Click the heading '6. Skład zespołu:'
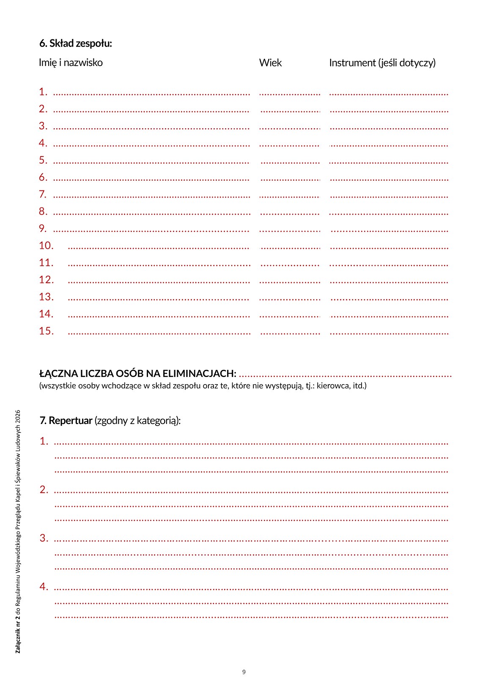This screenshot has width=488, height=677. coord(75,43)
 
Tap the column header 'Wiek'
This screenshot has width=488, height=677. coord(270,63)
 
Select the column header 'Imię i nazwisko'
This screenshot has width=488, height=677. coord(71,63)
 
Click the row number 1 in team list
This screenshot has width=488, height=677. coord(43,92)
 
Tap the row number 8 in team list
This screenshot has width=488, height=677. coord(43,211)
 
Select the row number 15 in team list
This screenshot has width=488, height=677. coord(46,331)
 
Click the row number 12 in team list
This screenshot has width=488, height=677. coord(46,280)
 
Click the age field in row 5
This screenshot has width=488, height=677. coord(290,161)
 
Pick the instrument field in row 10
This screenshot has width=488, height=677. coord(389,247)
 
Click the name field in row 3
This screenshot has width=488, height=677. coord(151,127)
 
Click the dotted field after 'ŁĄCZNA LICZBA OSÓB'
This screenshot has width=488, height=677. coord(345,374)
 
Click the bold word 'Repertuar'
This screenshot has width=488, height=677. coord(71,421)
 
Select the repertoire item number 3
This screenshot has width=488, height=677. coord(44,538)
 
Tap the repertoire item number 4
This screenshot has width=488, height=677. coord(44,586)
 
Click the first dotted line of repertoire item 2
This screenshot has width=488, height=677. coord(251,492)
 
